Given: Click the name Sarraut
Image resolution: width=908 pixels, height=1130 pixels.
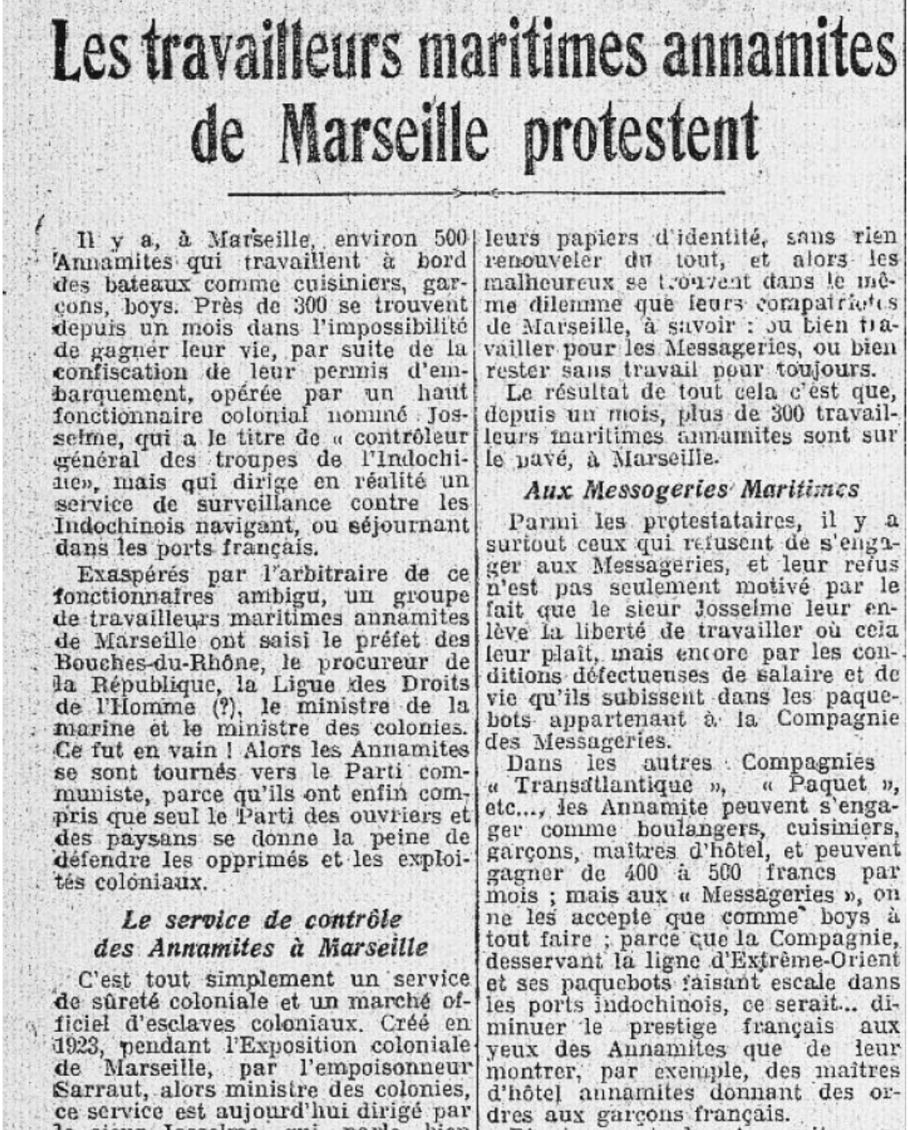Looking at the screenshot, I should tap(91, 1091).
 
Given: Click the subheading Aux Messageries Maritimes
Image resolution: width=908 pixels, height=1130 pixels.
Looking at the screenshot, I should tap(690, 490).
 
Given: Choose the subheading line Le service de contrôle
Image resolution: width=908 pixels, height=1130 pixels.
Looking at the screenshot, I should tap(249, 920).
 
